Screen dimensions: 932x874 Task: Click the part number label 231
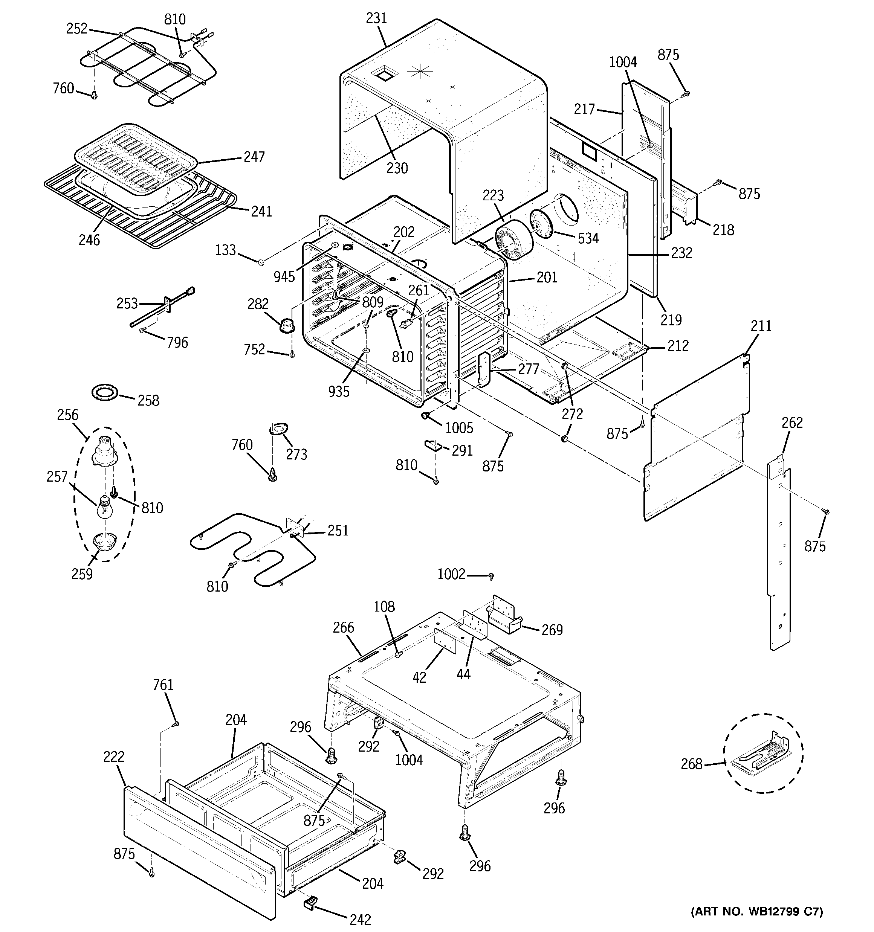[376, 18]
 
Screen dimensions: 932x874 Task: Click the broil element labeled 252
[145, 66]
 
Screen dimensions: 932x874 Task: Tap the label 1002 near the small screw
[451, 574]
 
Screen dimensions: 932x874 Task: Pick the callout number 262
[792, 423]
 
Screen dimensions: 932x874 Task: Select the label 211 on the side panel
[761, 326]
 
